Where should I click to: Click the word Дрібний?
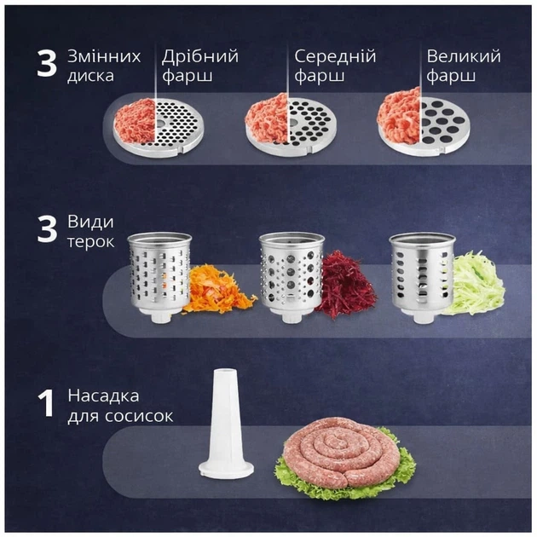tap(200, 56)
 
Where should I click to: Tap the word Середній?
tap(335, 56)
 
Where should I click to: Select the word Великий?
tap(464, 56)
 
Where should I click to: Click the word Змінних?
tap(104, 56)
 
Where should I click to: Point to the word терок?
tap(90, 242)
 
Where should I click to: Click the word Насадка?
tap(103, 396)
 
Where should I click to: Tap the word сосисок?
tap(139, 416)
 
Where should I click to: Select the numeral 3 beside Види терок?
tap(47, 229)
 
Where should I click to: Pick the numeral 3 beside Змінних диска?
tap(47, 63)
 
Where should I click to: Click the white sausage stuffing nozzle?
tap(226, 424)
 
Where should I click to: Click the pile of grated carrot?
tap(218, 289)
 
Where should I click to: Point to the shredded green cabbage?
tap(476, 284)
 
